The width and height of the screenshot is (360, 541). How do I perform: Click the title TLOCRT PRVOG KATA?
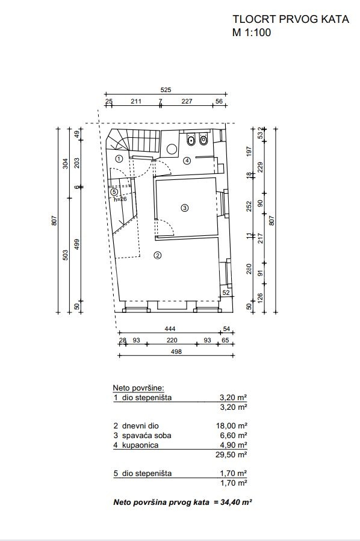tap(291, 19)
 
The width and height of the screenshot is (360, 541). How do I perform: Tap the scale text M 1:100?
tap(252, 32)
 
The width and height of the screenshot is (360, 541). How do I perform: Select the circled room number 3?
tap(185, 208)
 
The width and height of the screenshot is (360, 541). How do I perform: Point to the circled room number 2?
tap(157, 255)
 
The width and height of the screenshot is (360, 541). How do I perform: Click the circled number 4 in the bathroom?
tap(187, 161)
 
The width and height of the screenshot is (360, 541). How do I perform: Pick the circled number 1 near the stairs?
tap(119, 159)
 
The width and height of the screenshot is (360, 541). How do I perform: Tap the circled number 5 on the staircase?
tap(114, 192)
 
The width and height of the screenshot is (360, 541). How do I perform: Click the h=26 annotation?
tap(120, 199)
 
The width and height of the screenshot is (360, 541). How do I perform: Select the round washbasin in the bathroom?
tap(172, 149)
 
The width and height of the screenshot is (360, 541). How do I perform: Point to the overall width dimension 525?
tap(166, 90)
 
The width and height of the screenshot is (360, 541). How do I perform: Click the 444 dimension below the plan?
tap(170, 329)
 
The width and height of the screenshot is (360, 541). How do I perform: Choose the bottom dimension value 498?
tap(176, 351)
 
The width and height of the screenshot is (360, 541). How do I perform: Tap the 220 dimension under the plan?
tap(172, 340)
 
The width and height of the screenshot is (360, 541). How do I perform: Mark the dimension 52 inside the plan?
tap(226, 292)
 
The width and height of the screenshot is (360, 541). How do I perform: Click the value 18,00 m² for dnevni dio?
tap(232, 426)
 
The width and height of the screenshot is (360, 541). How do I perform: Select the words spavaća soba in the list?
tap(147, 436)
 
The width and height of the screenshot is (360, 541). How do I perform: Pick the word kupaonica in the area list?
tap(140, 445)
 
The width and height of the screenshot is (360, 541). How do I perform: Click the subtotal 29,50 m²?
tap(231, 454)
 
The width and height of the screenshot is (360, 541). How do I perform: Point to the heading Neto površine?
tap(138, 388)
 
